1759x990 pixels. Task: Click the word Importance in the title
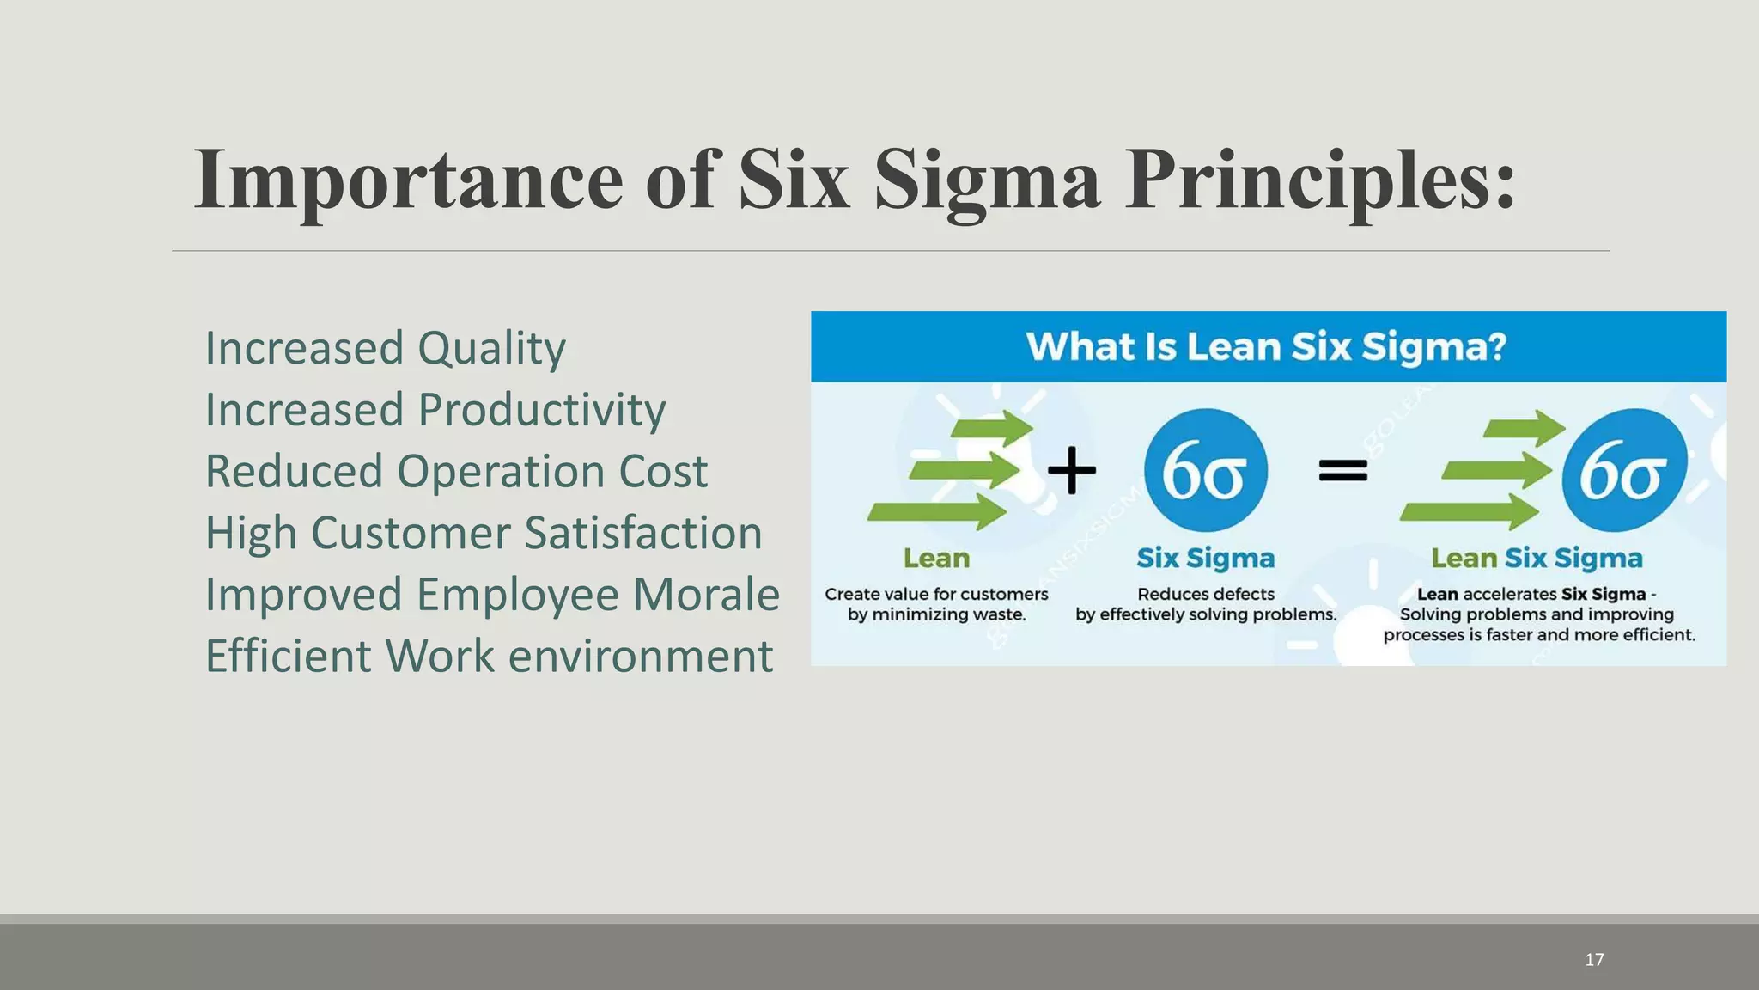409,180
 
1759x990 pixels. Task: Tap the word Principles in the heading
1319,180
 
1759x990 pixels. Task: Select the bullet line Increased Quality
385,349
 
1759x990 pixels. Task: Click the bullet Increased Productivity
435,410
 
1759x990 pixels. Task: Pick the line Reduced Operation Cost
456,472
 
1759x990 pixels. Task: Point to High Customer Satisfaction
484,533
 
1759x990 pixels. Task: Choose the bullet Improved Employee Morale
492,595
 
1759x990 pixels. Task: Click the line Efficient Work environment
489,657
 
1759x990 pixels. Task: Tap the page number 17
1594,960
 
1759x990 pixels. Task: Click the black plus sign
1072,470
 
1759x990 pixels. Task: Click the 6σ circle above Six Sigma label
1205,470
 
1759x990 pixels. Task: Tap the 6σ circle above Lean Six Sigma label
1623,470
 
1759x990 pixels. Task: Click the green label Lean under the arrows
936,559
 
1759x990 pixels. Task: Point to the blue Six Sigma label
1205,559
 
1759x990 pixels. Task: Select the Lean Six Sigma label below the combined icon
1537,559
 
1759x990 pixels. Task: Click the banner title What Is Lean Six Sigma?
1266,347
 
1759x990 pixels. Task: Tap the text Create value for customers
936,594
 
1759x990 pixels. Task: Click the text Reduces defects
1205,594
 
